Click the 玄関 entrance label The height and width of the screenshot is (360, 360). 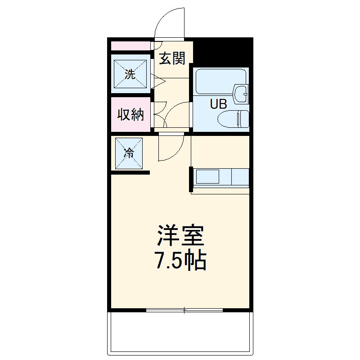(x=172, y=58)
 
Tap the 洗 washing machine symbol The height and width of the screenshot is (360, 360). (x=130, y=74)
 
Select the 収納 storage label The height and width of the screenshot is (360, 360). (x=130, y=114)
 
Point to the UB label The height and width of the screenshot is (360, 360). (x=219, y=104)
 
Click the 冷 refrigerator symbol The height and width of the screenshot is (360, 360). (x=129, y=153)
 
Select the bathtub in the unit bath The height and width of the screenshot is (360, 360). (x=220, y=81)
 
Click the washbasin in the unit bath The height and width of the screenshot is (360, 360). (x=241, y=94)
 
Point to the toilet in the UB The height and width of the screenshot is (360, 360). (x=233, y=119)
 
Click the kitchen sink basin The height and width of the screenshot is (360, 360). (x=207, y=176)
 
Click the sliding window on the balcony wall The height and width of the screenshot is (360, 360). (x=184, y=310)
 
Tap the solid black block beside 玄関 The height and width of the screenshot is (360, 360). (x=223, y=52)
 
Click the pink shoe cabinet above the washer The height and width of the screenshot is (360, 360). (x=130, y=46)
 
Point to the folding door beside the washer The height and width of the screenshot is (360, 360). (x=158, y=81)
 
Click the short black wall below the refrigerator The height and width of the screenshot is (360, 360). (x=130, y=173)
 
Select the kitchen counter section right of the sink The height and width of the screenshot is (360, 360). (x=240, y=177)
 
